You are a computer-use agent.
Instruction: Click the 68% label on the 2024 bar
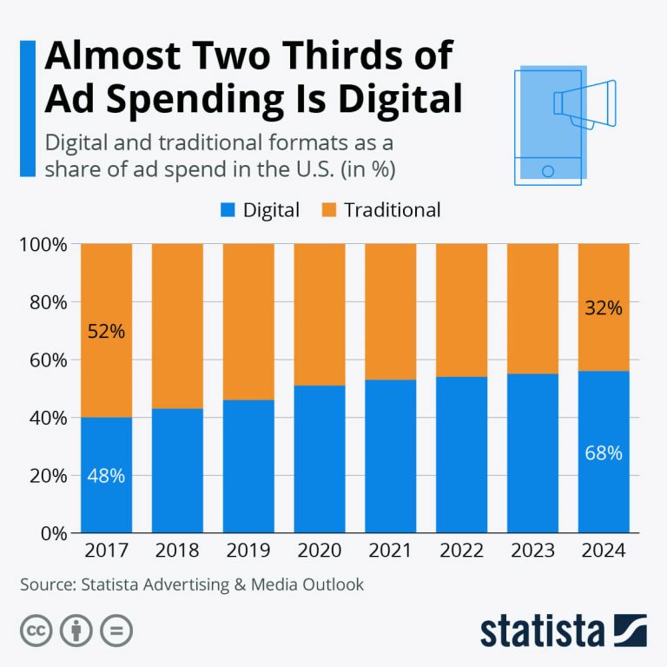point(604,452)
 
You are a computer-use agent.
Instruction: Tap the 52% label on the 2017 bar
point(107,331)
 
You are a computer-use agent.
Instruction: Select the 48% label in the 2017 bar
point(107,475)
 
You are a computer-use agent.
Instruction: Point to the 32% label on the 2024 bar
point(604,307)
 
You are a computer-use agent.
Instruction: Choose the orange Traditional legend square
point(328,210)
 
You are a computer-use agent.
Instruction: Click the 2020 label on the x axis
point(320,551)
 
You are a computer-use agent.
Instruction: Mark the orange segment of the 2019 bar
point(248,321)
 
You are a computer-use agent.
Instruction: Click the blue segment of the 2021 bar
point(391,456)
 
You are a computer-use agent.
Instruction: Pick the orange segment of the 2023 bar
point(532,308)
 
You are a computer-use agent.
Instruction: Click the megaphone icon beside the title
point(584,104)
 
